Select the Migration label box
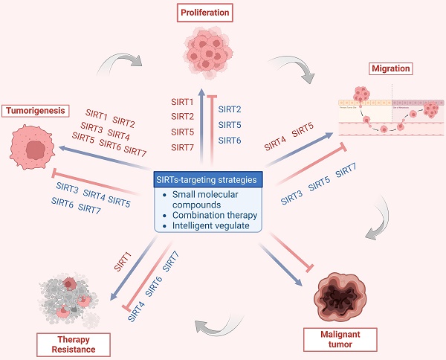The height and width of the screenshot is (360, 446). point(390,69)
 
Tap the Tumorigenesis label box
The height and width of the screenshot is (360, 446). point(36,111)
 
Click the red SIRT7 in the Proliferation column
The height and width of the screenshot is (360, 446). point(183,147)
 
